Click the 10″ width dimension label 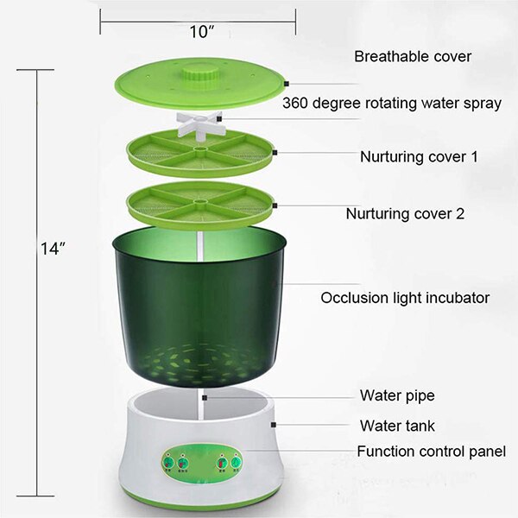coord(202,33)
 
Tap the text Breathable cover coord(413,57)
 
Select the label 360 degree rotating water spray coord(392,104)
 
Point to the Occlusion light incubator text coord(405,298)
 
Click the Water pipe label coord(396,396)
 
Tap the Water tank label coord(397,426)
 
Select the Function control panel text coord(432,452)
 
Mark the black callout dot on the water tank coord(274,424)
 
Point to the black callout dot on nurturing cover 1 coord(273,153)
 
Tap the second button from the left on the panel coord(184,464)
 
